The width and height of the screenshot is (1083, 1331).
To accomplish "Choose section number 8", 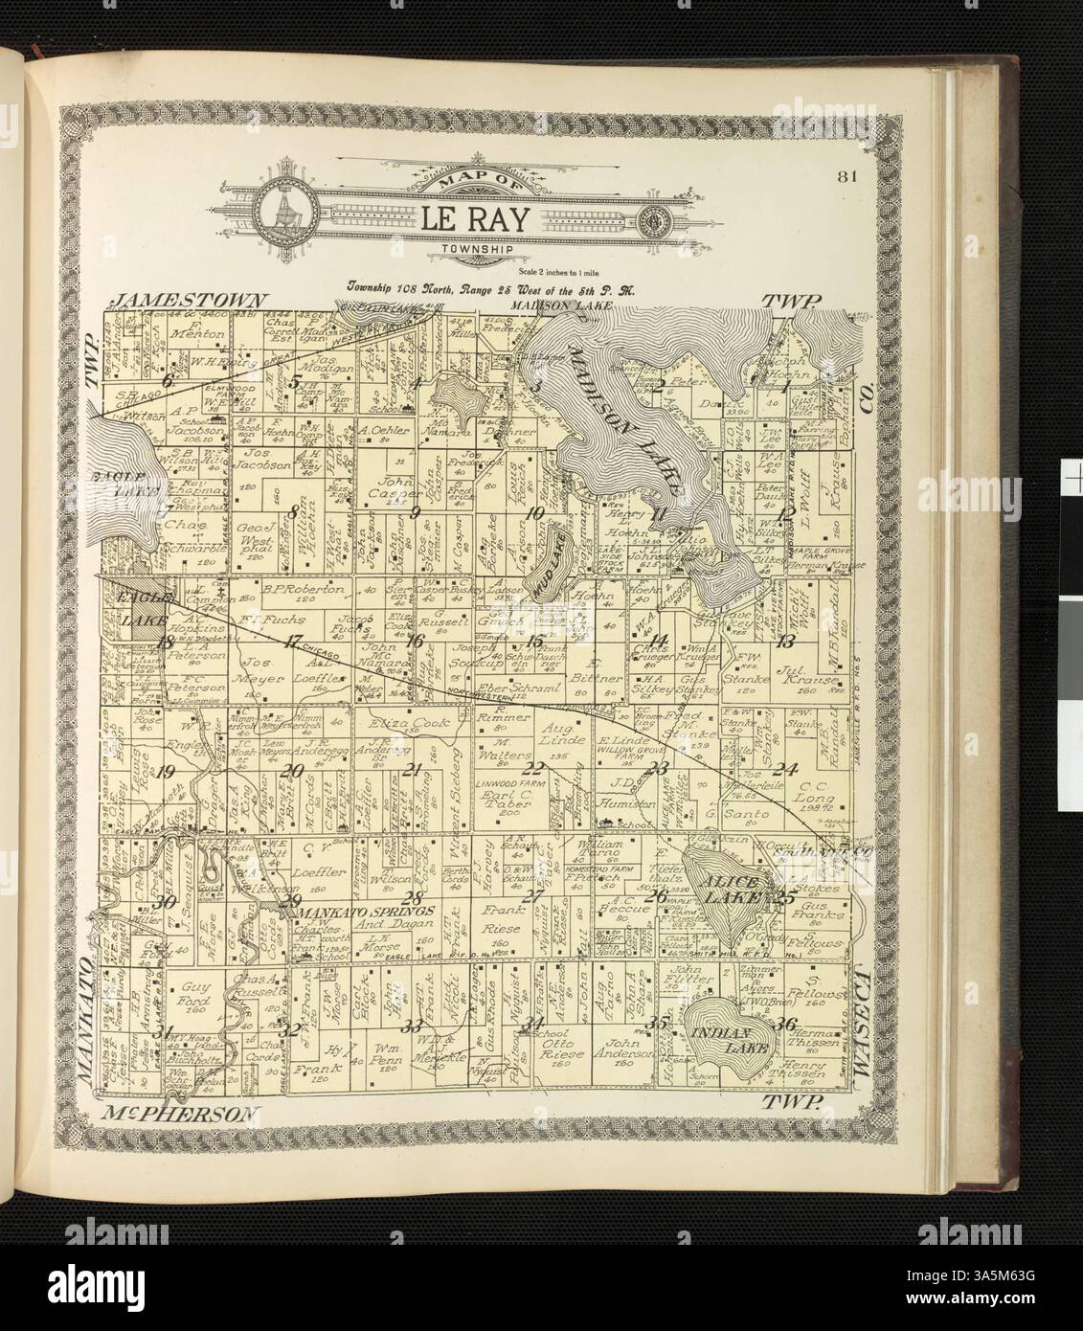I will tap(294, 510).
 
